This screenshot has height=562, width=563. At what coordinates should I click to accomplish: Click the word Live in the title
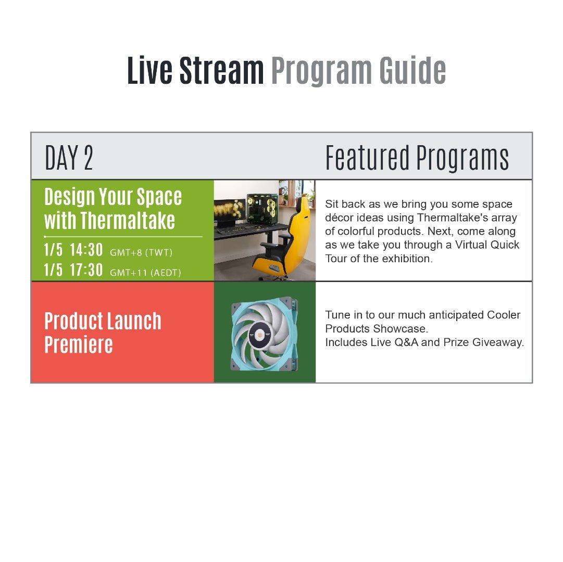149,70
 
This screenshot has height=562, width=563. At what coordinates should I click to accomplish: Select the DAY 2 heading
69,158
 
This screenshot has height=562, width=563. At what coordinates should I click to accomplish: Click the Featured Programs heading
417,158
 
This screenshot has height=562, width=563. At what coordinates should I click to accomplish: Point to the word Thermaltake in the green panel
128,220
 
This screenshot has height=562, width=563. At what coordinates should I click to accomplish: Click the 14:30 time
86,250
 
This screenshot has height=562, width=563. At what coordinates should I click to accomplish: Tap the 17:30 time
86,270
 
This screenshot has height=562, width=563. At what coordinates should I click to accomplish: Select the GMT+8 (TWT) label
141,252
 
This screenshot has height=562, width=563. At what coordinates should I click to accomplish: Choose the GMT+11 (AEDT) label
145,273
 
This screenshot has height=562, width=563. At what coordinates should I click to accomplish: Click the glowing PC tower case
262,209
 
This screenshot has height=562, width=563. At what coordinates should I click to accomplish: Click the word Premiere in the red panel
79,344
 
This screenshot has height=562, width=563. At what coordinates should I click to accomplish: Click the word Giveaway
498,342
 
